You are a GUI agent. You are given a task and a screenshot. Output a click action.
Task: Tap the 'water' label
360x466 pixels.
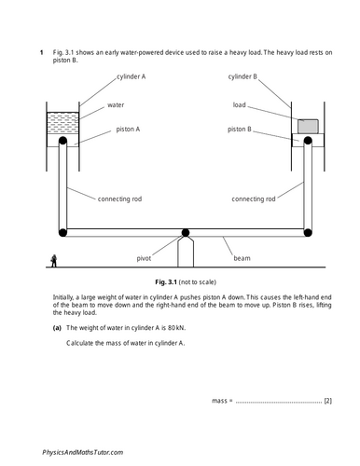[117, 105]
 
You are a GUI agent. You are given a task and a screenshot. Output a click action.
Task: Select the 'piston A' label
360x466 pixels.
[130, 130]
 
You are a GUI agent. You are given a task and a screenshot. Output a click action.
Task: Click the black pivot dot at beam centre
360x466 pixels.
[185, 231]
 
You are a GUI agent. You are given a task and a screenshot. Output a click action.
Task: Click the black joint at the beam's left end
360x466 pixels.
[62, 231]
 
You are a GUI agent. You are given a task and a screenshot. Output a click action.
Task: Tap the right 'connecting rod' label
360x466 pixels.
[252, 198]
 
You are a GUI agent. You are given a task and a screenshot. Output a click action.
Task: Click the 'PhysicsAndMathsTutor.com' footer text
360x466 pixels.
[82, 451]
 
